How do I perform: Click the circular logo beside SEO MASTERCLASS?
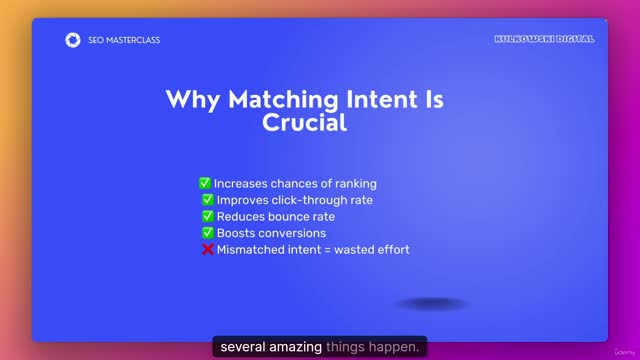point(72,40)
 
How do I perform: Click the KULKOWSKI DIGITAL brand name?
point(544,39)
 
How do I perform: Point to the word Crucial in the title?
point(304,123)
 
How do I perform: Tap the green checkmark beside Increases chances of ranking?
point(204,184)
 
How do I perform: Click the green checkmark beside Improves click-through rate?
point(208,200)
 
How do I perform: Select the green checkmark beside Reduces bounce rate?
point(208,216)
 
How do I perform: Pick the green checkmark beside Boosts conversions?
point(208,233)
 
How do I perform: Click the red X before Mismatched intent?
point(208,249)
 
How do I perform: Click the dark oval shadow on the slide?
point(431,303)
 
